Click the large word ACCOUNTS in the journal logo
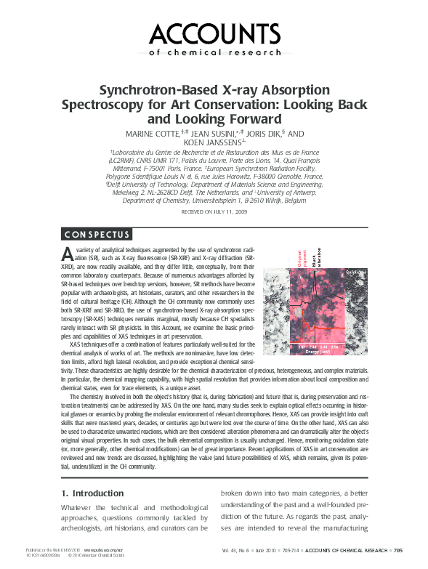214,33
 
